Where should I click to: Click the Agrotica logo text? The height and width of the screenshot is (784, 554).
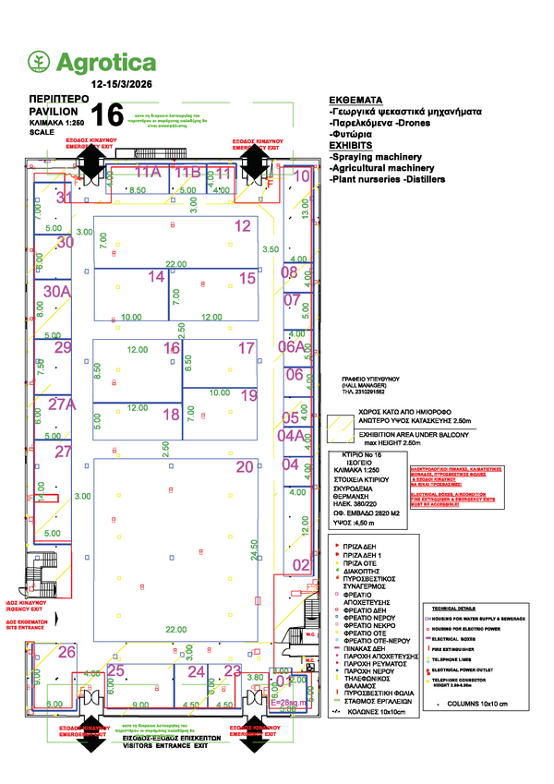pyautogui.click(x=106, y=62)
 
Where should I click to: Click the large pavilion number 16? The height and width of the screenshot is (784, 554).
pyautogui.click(x=108, y=115)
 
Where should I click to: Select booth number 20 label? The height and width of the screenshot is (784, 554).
pyautogui.click(x=244, y=467)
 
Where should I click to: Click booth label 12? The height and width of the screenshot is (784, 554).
pyautogui.click(x=242, y=225)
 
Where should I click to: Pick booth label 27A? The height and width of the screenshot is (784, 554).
pyautogui.click(x=62, y=404)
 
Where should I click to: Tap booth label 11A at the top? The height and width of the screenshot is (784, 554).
pyautogui.click(x=148, y=173)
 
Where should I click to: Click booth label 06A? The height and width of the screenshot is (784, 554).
pyautogui.click(x=293, y=347)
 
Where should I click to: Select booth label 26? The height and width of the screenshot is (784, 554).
pyautogui.click(x=66, y=652)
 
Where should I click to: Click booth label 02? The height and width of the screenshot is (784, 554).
pyautogui.click(x=302, y=564)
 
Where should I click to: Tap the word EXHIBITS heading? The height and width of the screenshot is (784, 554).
pyautogui.click(x=351, y=146)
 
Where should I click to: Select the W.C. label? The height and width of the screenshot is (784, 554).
pyautogui.click(x=311, y=635)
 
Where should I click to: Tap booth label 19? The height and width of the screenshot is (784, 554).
pyautogui.click(x=249, y=395)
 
